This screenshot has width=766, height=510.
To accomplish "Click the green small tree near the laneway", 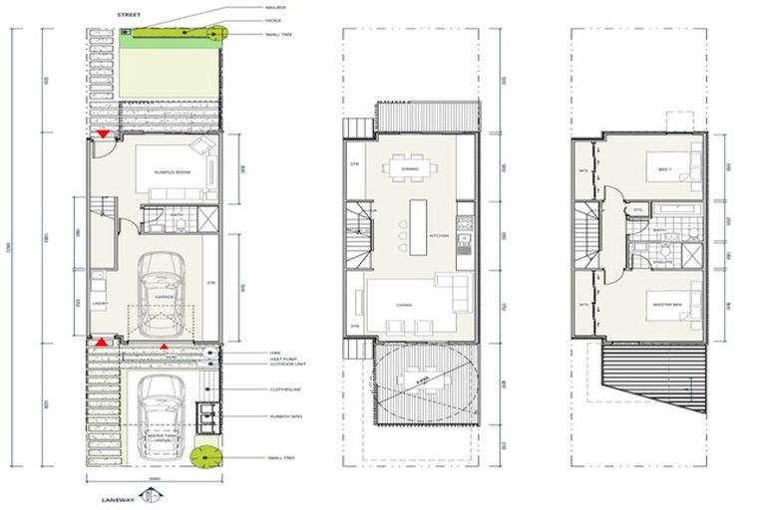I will coord(207,457).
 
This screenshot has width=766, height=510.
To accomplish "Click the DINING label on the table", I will coord(410,169).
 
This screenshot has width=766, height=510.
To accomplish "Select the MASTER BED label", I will coord(666,304).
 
